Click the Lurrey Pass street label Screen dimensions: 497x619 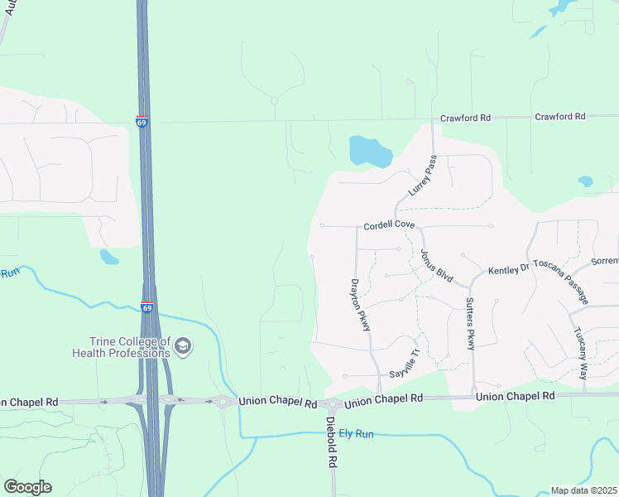[422, 175]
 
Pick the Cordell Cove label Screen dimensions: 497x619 [389, 225]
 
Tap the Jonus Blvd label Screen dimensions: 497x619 [437, 264]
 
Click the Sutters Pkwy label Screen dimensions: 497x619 [470, 324]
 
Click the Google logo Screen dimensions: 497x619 [27, 487]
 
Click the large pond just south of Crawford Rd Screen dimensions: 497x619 [370, 152]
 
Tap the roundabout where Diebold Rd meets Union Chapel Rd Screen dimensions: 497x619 [333, 405]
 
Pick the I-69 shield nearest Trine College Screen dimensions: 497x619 [146, 307]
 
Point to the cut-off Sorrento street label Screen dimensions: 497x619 [604, 261]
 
